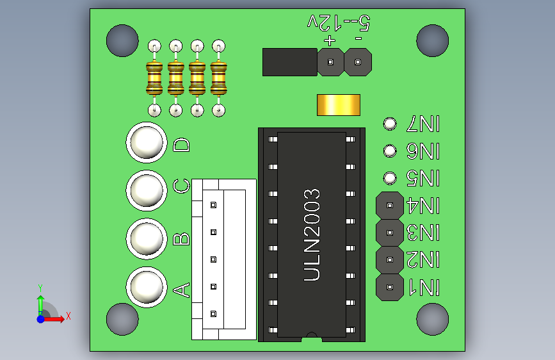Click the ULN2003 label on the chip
[312, 234]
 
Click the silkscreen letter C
[182, 186]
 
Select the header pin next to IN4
[389, 206]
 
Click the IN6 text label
[424, 151]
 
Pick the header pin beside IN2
[389, 260]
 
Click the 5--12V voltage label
[339, 23]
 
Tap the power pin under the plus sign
[330, 63]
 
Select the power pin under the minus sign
[357, 63]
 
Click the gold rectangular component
[339, 105]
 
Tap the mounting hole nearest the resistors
[122, 40]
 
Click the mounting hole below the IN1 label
[432, 319]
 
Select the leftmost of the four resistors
[154, 79]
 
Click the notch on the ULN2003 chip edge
[312, 335]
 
